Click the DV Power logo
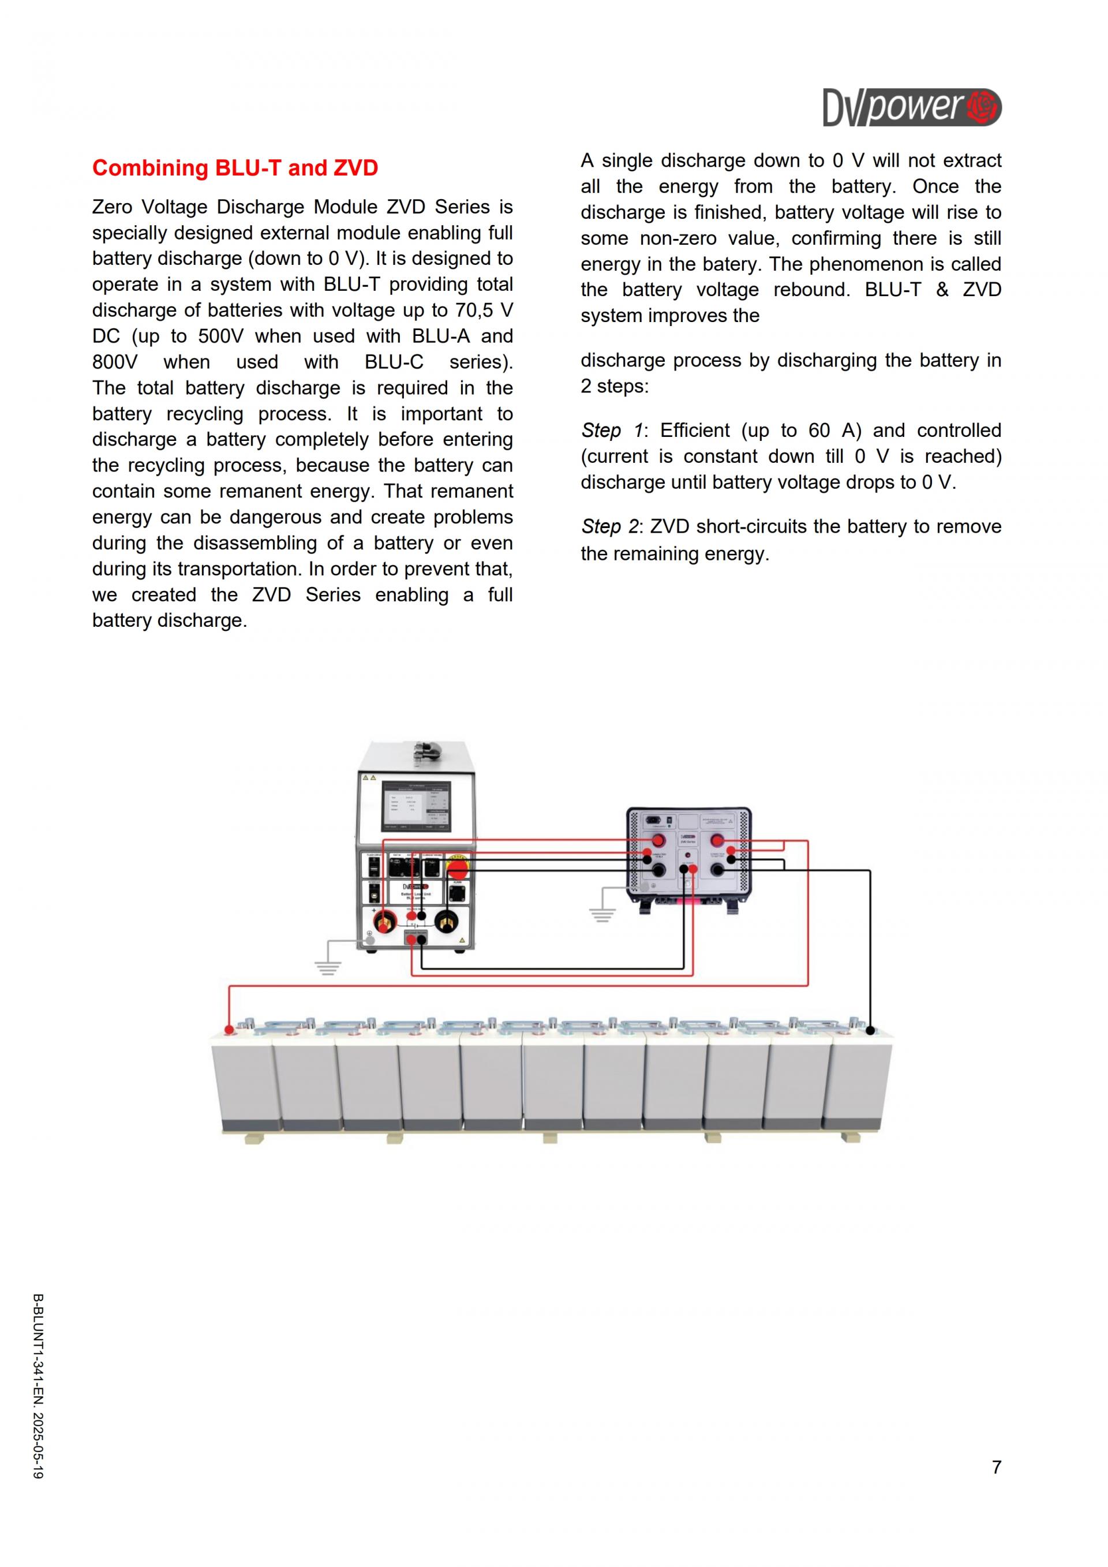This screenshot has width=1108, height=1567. coord(912,107)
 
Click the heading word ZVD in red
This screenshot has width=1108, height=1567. coord(355,168)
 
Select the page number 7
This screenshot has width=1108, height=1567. coord(996,1467)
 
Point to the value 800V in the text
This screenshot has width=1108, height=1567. coord(115,362)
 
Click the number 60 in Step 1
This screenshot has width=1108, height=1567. coord(819,431)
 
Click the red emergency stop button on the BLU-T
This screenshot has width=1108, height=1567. coord(457,869)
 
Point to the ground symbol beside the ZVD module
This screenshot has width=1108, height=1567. coord(602,914)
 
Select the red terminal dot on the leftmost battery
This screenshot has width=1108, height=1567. coord(230,1029)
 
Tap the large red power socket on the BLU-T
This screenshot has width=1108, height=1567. coord(384,922)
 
